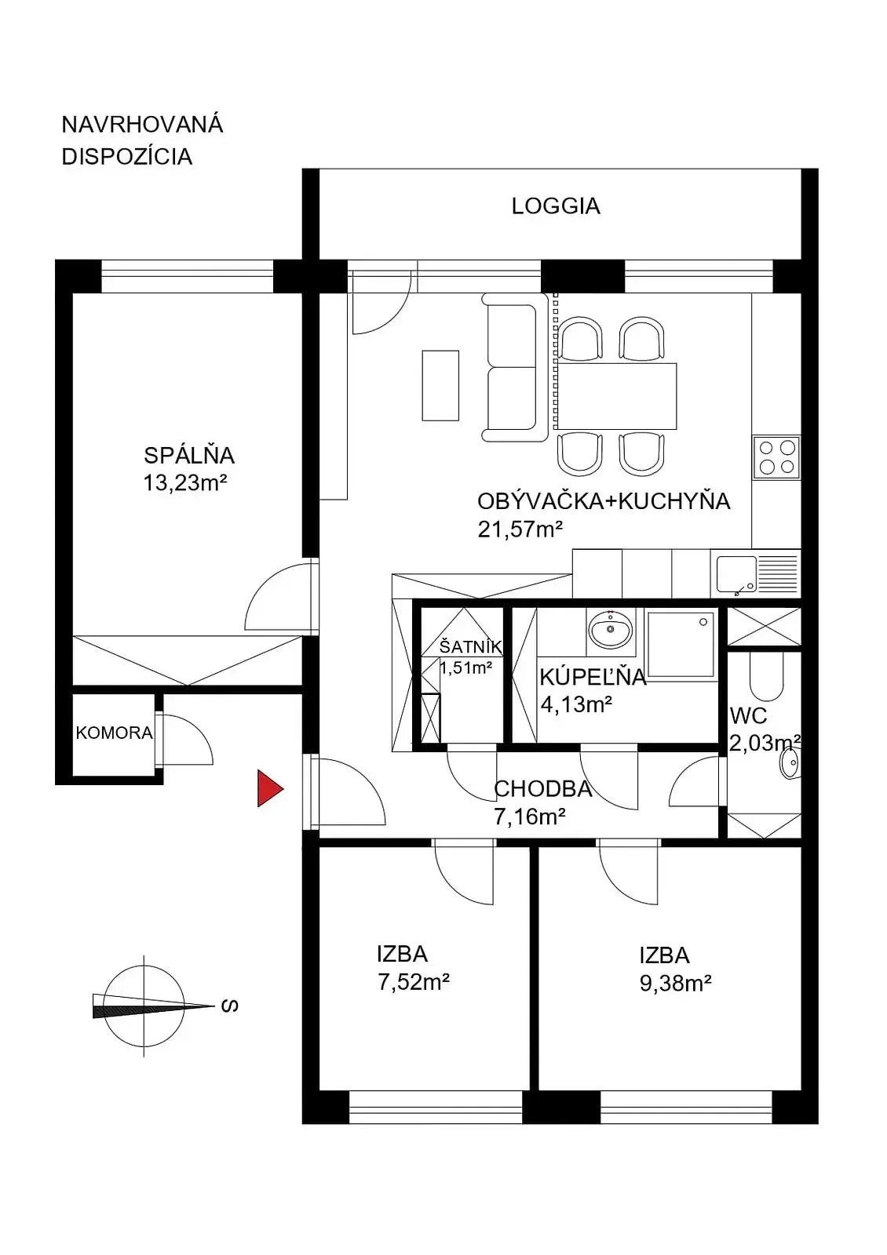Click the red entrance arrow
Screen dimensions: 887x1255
(269, 788)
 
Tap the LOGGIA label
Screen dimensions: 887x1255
(556, 206)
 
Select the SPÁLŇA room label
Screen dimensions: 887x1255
(189, 456)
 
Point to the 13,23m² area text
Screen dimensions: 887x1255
(185, 483)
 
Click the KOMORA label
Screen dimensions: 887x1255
(115, 733)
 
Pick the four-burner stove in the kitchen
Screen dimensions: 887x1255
(776, 457)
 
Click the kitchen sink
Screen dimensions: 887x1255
(756, 574)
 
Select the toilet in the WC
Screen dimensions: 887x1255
(766, 678)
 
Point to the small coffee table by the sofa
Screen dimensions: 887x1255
(440, 385)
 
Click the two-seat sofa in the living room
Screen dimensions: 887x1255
(515, 367)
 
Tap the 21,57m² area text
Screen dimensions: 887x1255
(520, 529)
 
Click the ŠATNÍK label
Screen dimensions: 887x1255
(470, 646)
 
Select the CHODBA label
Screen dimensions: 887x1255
(542, 789)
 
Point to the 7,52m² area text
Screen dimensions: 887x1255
(414, 982)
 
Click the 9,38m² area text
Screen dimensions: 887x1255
(676, 984)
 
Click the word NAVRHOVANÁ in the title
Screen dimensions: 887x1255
(142, 125)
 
